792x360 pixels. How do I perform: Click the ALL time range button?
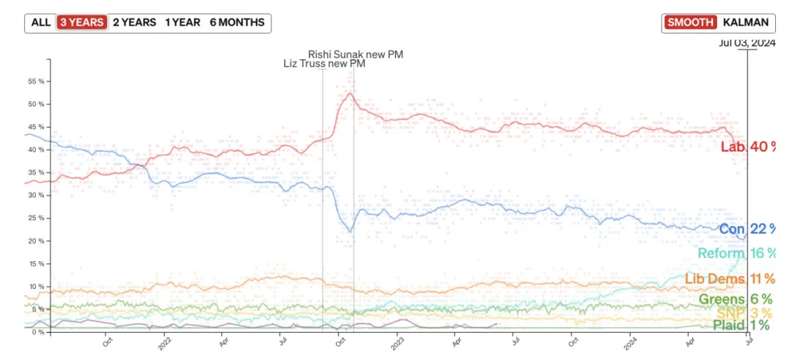tap(41, 23)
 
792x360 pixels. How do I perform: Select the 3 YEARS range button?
tap(82, 23)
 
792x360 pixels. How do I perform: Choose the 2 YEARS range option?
tap(134, 23)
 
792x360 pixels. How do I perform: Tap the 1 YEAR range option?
tap(182, 23)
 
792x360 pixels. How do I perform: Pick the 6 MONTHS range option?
tap(237, 23)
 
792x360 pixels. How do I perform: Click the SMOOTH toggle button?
tap(690, 23)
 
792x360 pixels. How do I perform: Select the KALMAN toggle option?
tap(746, 23)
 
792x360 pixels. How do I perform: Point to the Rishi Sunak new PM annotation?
tap(355, 54)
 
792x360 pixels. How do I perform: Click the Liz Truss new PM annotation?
tap(324, 64)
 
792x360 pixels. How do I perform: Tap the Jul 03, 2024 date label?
tap(747, 43)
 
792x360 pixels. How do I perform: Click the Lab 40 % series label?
tap(747, 147)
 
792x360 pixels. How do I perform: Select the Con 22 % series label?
tap(747, 229)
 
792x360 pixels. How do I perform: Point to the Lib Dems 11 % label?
tap(730, 279)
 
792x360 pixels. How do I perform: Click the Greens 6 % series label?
tap(735, 299)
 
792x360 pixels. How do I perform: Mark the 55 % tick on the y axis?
tap(36, 81)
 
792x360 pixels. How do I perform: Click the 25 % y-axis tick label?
tap(36, 218)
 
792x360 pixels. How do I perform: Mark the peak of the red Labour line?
tap(351, 93)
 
